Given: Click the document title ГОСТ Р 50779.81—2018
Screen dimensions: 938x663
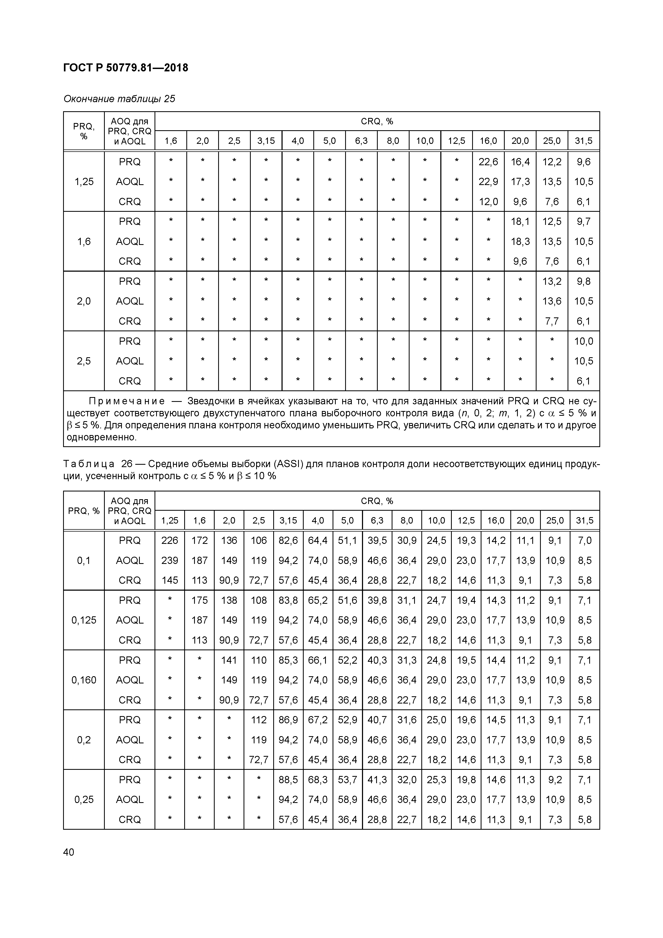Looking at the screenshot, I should [126, 68].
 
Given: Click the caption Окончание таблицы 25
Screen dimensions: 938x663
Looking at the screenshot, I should [119, 99].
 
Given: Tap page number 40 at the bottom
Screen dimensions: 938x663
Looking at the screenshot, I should [69, 852].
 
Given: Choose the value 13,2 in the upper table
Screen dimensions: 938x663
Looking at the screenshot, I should [552, 281].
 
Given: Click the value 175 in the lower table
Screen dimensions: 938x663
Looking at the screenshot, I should [199, 600].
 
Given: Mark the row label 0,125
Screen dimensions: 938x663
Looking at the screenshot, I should [84, 620].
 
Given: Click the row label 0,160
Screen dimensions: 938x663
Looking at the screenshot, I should [84, 680].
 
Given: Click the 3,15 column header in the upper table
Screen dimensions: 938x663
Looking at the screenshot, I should [266, 141].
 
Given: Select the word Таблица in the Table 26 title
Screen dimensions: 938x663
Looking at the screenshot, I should [89, 464].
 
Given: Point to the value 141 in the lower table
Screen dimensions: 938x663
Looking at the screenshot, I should [229, 660].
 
